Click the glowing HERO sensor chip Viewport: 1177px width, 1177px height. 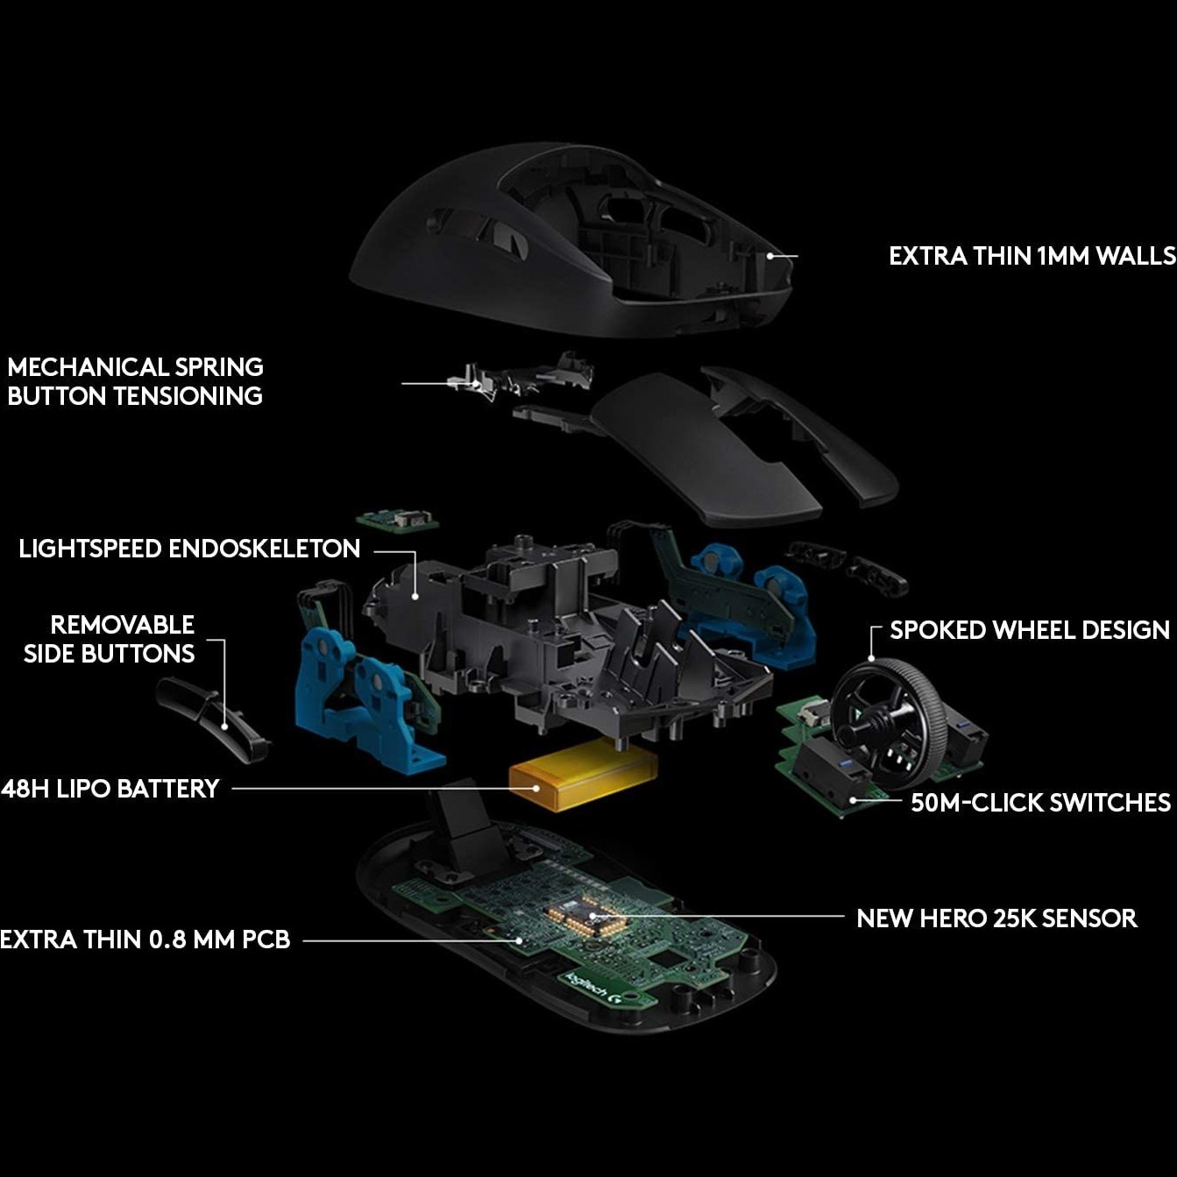(585, 916)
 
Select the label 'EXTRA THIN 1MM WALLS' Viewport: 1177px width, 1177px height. (1032, 256)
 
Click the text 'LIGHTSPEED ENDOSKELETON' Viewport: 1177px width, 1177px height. (189, 549)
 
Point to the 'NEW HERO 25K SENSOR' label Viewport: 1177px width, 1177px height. (996, 918)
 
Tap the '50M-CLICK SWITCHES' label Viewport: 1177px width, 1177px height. (1040, 803)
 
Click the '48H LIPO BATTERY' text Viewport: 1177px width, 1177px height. (110, 789)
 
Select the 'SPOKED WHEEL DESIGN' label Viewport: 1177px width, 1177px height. (1029, 630)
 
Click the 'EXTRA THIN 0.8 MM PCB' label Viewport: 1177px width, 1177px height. (145, 939)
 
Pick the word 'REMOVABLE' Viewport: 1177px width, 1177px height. (122, 625)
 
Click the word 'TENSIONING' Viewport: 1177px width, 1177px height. (188, 396)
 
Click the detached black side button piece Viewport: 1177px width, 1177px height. (209, 719)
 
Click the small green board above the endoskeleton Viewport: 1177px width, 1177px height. (398, 520)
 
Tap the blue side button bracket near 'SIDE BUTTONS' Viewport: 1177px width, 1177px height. (366, 699)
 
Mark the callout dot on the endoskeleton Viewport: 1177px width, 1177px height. (415, 596)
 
